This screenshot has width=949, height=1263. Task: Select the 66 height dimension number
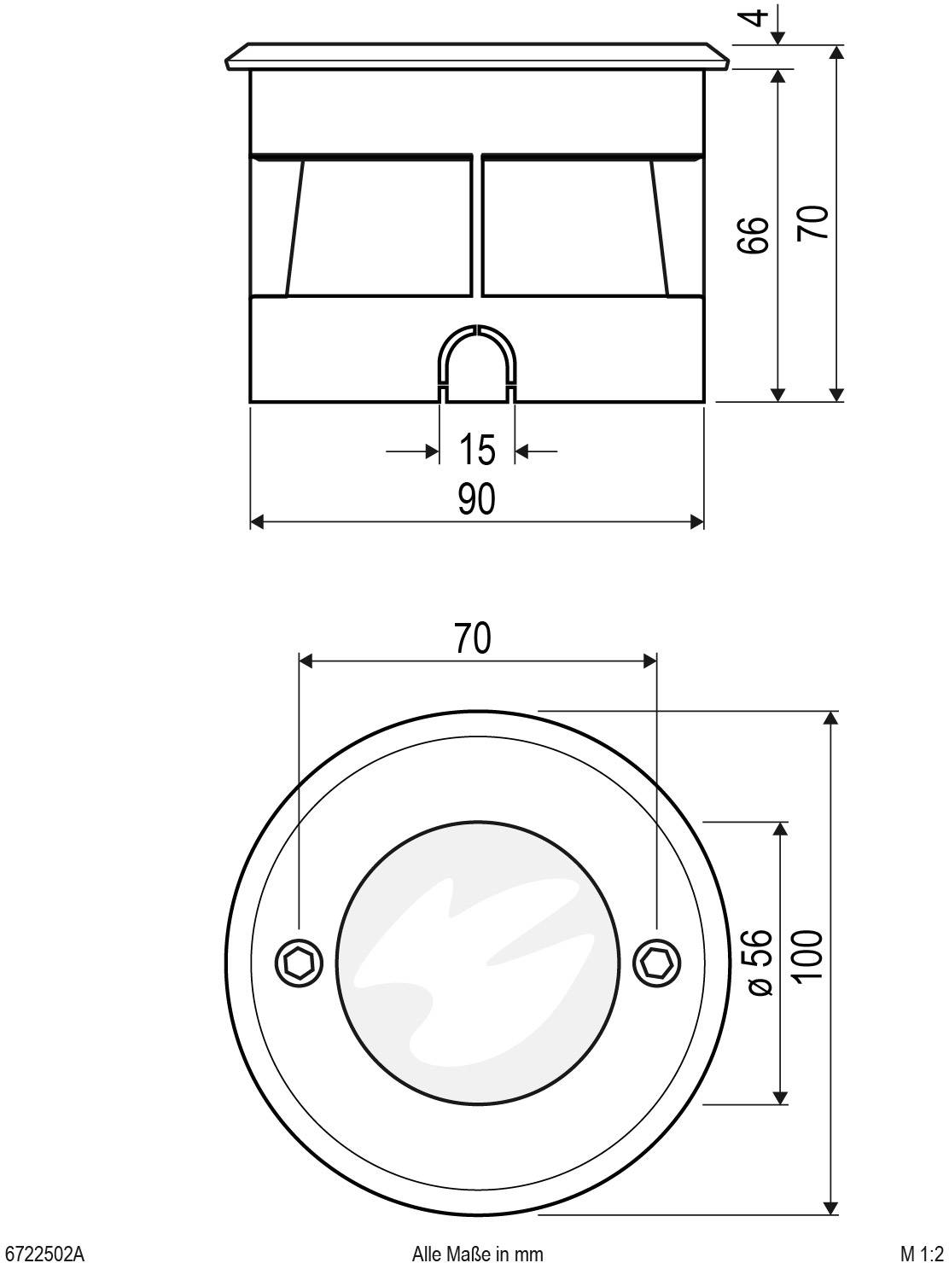(753, 235)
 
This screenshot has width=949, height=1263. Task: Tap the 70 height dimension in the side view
(812, 223)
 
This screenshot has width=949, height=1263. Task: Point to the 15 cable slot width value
(477, 450)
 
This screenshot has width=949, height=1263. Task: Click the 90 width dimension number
(476, 500)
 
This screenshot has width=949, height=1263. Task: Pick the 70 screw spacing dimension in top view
(472, 637)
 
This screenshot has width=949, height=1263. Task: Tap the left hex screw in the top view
(299, 963)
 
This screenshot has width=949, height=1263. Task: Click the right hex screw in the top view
(656, 963)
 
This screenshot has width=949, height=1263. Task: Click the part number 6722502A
(44, 1253)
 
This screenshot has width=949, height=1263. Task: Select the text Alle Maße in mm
(477, 1253)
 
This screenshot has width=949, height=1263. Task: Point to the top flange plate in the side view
(477, 56)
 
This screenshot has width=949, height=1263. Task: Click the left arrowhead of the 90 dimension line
(257, 522)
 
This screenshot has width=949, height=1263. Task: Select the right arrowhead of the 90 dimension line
(697, 522)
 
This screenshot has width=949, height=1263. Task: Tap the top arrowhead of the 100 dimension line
(832, 717)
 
